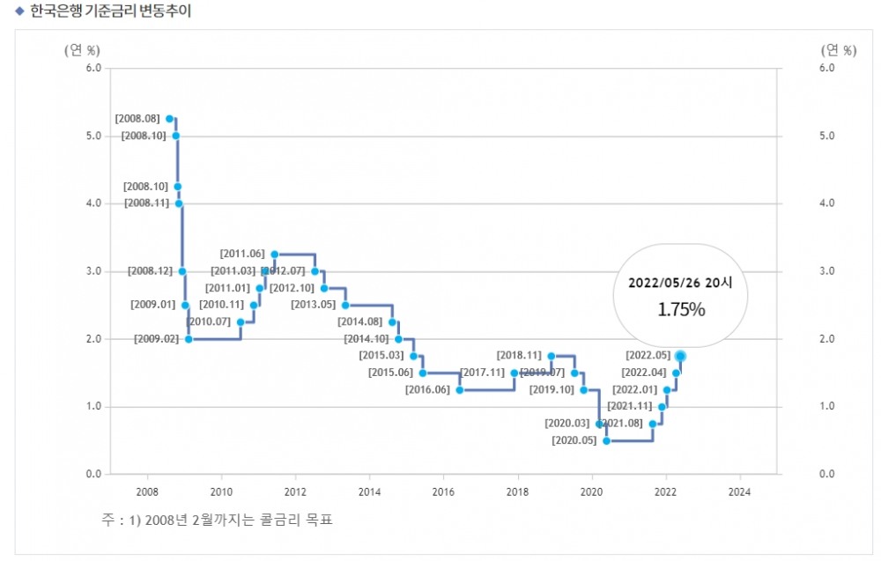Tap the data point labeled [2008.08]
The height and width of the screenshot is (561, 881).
(170, 118)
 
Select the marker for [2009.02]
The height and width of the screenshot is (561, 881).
(189, 339)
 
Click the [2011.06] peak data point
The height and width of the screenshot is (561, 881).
(274, 255)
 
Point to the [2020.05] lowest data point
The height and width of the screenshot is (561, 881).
(606, 440)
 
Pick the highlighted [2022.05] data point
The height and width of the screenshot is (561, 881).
(680, 356)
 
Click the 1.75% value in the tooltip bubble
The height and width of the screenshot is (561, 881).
(680, 309)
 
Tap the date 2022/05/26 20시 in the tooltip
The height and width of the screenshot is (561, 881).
(680, 283)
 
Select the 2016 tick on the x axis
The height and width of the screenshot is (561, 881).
(443, 491)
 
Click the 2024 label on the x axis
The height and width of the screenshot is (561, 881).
(740, 491)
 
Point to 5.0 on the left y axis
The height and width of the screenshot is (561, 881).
(94, 136)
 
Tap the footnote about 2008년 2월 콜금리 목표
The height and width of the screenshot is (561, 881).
(218, 520)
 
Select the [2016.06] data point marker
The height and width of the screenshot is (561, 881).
(459, 390)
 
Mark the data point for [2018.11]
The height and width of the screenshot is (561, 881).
(552, 356)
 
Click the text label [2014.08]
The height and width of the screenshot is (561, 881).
(360, 322)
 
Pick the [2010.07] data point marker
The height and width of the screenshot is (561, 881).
(240, 322)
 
